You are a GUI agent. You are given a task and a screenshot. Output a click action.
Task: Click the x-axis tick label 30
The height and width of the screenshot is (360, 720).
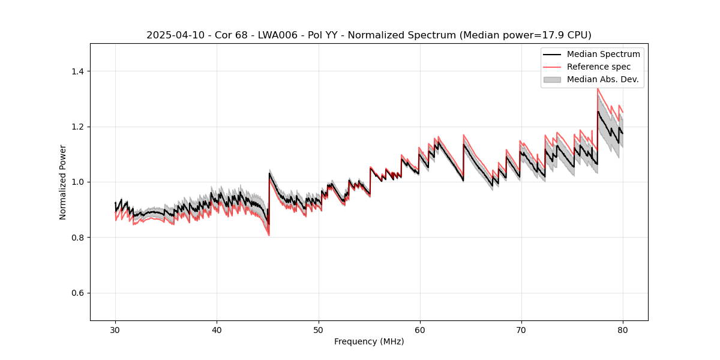pyautogui.click(x=115, y=329)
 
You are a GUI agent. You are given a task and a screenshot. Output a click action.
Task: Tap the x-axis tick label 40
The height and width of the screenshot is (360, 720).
pyautogui.click(x=217, y=329)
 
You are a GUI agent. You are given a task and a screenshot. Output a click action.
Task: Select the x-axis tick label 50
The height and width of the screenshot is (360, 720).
pyautogui.click(x=318, y=329)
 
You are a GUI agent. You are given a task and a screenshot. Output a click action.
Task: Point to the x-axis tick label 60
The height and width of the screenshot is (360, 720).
pyautogui.click(x=419, y=329)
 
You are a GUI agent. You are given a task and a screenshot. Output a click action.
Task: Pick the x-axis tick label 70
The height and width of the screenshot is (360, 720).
pyautogui.click(x=521, y=329)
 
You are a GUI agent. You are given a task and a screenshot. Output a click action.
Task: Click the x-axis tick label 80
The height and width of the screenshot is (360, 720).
pyautogui.click(x=622, y=329)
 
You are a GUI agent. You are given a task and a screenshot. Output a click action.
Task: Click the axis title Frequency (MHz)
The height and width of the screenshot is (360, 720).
pyautogui.click(x=369, y=341)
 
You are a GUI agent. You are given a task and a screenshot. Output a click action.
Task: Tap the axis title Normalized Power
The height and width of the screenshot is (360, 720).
pyautogui.click(x=63, y=182)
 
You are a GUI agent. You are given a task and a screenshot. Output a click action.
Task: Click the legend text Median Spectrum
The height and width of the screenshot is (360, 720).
pyautogui.click(x=603, y=55)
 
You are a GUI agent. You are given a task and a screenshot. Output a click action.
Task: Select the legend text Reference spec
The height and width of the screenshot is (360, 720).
pyautogui.click(x=599, y=67)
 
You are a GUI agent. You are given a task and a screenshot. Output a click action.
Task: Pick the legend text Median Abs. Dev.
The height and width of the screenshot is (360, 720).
pyautogui.click(x=602, y=79)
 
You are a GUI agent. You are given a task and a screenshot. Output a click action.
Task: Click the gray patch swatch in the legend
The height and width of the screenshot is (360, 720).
pyautogui.click(x=552, y=79)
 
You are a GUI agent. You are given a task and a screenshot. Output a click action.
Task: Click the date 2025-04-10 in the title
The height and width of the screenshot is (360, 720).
pyautogui.click(x=172, y=35)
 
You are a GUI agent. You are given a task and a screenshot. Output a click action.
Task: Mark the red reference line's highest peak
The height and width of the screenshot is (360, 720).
pyautogui.click(x=598, y=89)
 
